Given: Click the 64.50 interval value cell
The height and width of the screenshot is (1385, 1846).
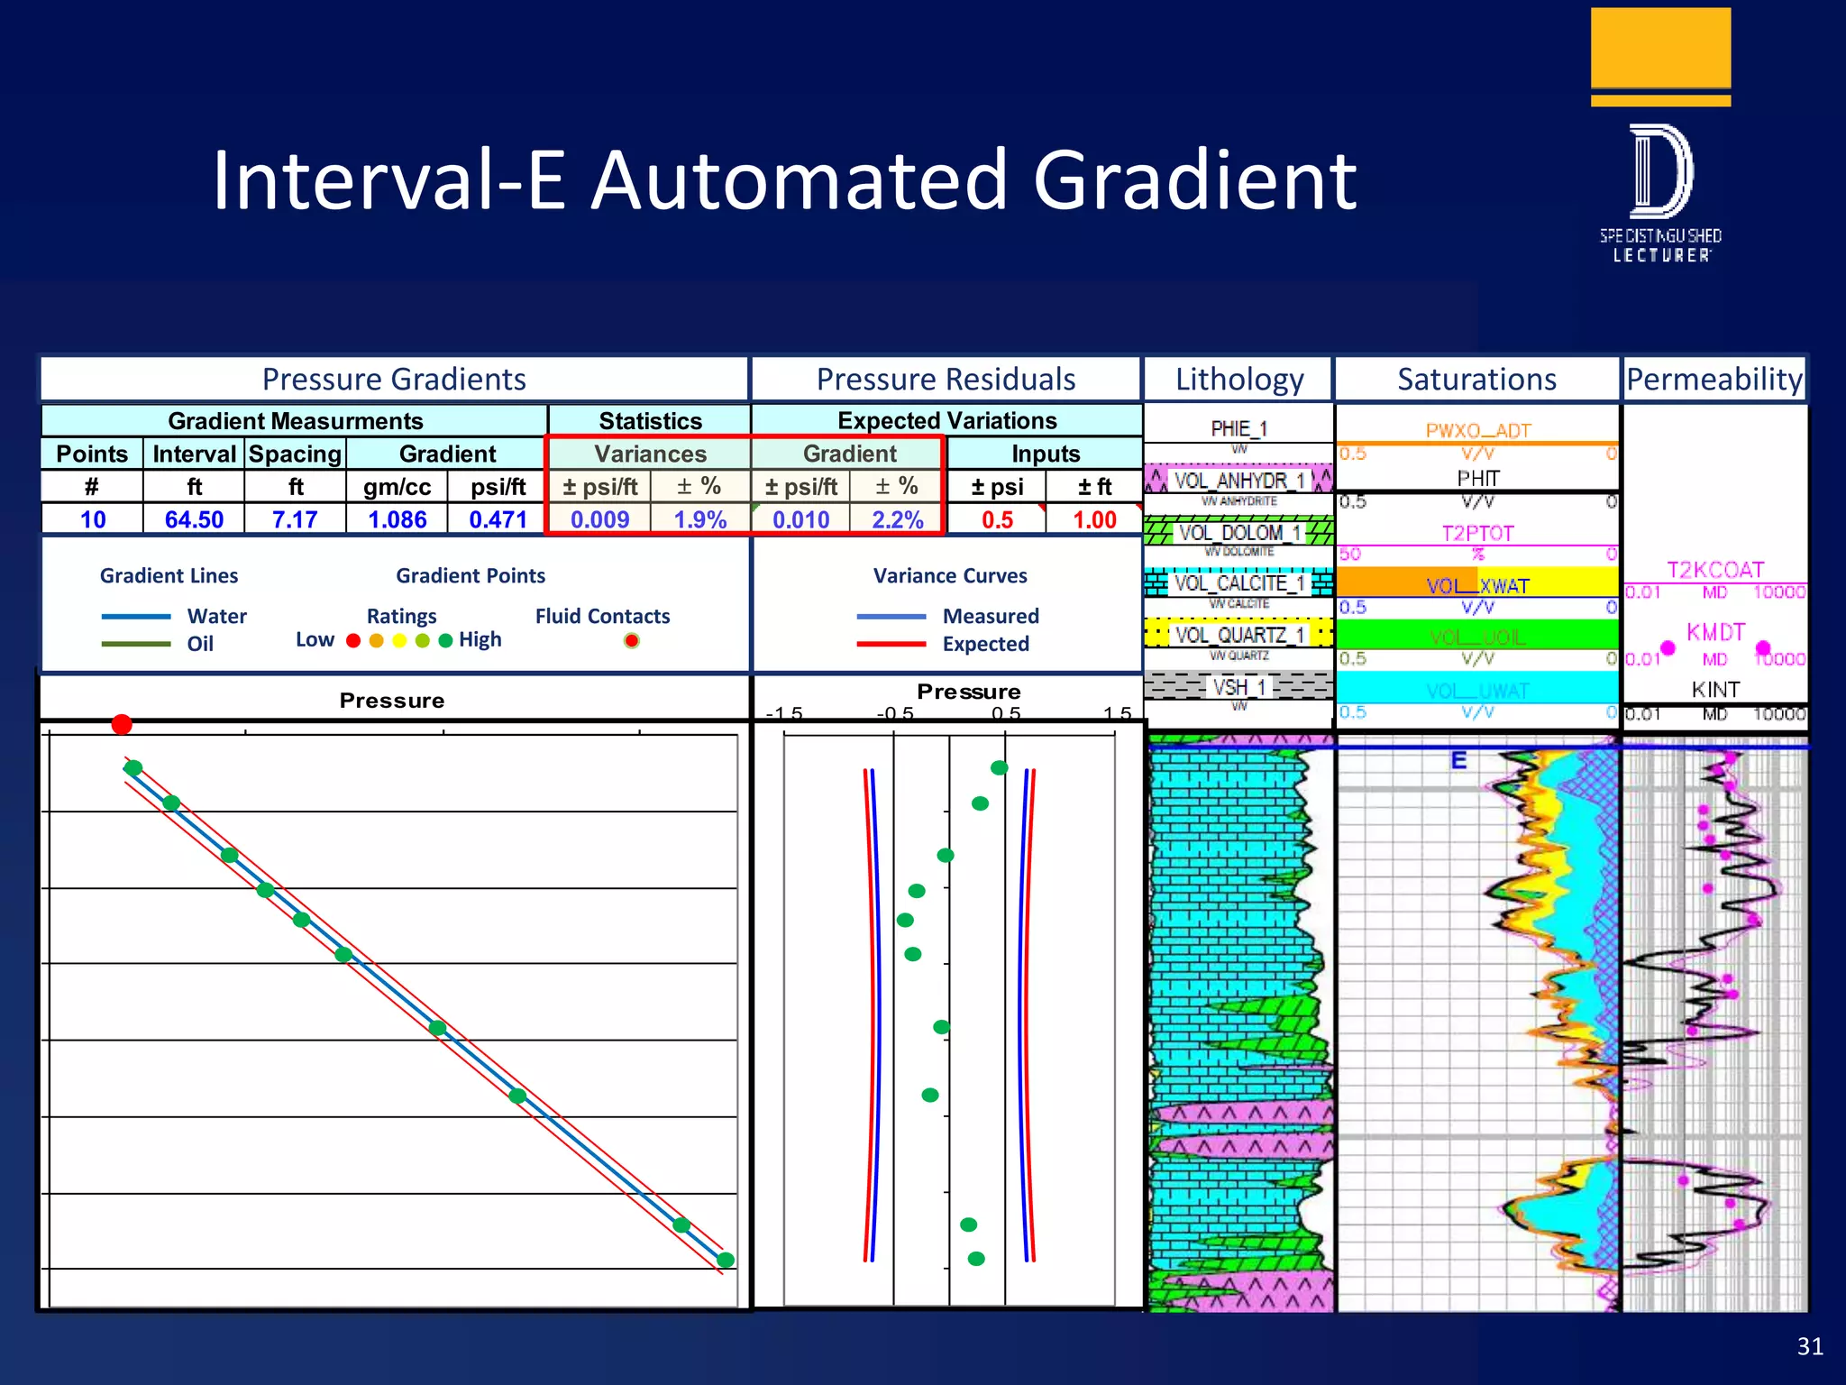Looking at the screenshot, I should pyautogui.click(x=194, y=519).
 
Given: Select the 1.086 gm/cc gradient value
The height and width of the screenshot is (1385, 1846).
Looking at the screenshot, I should pyautogui.click(x=398, y=519).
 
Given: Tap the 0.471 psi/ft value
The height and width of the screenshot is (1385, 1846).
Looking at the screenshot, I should pyautogui.click(x=498, y=519).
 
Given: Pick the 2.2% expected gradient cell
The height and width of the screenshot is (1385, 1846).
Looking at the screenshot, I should pyautogui.click(x=897, y=519).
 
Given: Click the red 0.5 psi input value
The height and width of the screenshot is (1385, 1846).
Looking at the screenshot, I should pyautogui.click(x=997, y=519).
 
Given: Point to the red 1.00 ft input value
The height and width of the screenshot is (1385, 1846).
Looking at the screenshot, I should pyautogui.click(x=1094, y=519).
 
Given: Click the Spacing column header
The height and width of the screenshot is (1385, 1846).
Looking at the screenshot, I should pyautogui.click(x=295, y=454).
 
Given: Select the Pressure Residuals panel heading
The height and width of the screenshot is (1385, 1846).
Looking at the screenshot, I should pyautogui.click(x=946, y=379).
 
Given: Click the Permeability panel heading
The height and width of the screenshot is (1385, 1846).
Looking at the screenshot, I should pyautogui.click(x=1713, y=379).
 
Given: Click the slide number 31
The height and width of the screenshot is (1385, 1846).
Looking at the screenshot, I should pyautogui.click(x=1810, y=1346).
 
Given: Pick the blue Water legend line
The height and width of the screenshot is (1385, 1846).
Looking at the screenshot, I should pyautogui.click(x=136, y=617).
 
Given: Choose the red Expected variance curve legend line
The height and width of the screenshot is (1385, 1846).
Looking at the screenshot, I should pyautogui.click(x=891, y=644).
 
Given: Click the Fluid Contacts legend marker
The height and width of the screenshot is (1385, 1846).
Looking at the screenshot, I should pyautogui.click(x=632, y=640).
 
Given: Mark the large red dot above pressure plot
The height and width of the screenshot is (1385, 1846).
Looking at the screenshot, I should pyautogui.click(x=122, y=724).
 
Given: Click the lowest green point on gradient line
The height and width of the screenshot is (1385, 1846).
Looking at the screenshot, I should pyautogui.click(x=726, y=1260).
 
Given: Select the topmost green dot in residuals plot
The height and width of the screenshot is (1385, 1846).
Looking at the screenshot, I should pyautogui.click(x=999, y=768).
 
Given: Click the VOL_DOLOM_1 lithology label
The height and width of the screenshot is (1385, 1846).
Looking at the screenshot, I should pyautogui.click(x=1239, y=533).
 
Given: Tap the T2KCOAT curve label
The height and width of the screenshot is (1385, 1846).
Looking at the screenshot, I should pyautogui.click(x=1714, y=570).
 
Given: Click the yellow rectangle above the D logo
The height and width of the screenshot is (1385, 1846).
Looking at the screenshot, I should pyautogui.click(x=1660, y=47).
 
